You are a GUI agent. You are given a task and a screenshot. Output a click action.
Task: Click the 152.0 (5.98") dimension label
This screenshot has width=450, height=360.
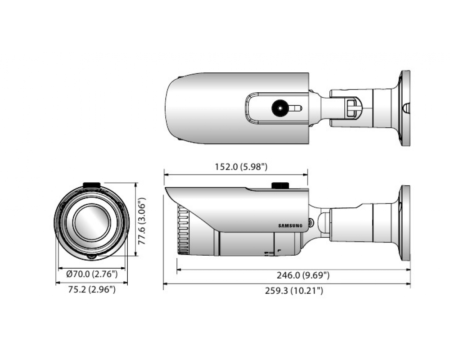pos(241,167)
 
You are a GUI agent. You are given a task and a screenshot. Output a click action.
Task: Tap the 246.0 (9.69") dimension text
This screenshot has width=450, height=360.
pos(303,275)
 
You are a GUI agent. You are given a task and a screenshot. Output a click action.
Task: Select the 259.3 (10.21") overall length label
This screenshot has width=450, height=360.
pos(294,291)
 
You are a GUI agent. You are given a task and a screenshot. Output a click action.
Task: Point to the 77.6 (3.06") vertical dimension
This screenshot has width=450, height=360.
pos(142,221)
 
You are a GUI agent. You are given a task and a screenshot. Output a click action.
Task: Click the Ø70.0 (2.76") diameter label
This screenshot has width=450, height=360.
pos(92,274)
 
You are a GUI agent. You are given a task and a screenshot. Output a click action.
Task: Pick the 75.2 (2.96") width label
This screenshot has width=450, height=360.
pos(92,289)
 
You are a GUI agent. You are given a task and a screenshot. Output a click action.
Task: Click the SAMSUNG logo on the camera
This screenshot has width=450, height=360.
pos(290,225)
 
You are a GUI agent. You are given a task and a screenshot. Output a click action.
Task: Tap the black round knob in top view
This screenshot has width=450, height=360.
pos(280,108)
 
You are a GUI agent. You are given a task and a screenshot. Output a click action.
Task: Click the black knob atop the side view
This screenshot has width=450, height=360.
pos(280,185)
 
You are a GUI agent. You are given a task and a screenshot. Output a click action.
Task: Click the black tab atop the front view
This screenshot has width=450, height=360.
pos(91,185)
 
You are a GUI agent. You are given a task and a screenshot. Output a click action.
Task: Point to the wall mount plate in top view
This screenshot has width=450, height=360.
pos(405,108)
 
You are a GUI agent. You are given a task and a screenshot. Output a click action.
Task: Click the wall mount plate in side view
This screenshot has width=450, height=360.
pos(405,223)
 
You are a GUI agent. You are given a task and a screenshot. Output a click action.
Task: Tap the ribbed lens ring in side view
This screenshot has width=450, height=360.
pos(183,229)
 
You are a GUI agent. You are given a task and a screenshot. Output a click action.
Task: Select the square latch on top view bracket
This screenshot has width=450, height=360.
pos(351,108)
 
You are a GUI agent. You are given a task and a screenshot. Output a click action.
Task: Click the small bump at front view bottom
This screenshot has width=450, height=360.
pos(91,256)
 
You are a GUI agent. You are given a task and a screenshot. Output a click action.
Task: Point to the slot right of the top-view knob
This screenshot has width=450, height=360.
pos(295,108)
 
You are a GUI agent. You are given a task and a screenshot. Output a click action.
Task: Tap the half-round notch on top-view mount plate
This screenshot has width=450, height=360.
pos(405,108)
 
